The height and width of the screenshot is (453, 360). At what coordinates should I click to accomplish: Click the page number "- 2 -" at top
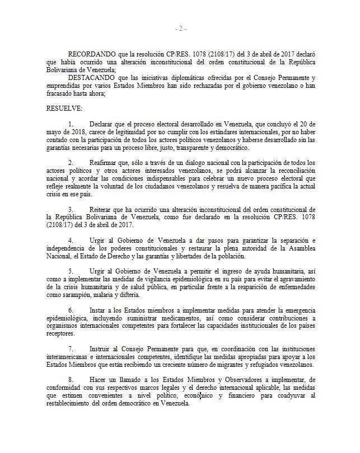tap(180, 28)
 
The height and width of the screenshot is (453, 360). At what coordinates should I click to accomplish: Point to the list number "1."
tap(71, 122)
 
